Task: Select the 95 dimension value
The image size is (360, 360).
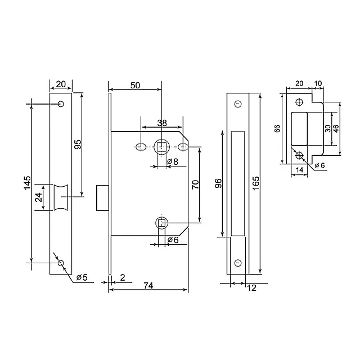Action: (x=78, y=145)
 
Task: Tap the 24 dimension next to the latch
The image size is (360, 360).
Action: (x=38, y=197)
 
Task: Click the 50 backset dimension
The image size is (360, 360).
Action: (x=135, y=85)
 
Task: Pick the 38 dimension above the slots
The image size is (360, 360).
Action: (x=161, y=123)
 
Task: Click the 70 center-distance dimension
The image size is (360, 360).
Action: (x=196, y=185)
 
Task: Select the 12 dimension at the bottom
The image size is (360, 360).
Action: (x=251, y=288)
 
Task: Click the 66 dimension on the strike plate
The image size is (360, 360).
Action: (x=277, y=128)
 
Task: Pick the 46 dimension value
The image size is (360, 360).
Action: (x=336, y=128)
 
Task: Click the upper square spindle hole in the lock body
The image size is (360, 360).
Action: (x=161, y=147)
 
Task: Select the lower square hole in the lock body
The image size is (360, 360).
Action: (x=161, y=223)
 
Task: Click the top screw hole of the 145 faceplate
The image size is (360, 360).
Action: (x=60, y=104)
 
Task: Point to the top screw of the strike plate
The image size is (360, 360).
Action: (x=299, y=102)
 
